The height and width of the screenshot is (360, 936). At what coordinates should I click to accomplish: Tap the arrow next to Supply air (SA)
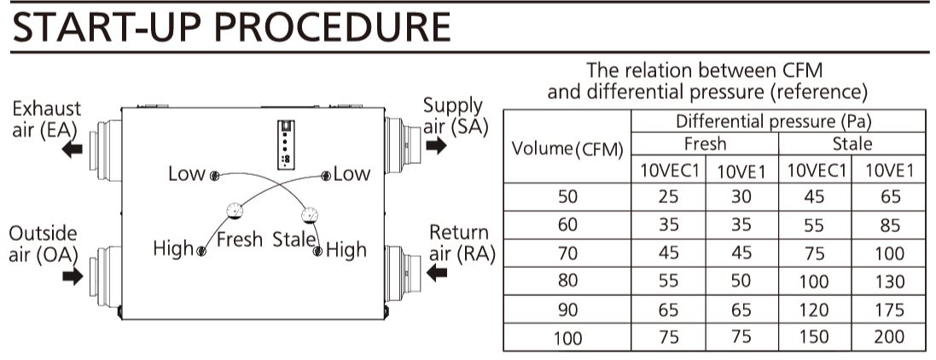coord(435,146)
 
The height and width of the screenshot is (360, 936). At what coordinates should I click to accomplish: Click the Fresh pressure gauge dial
coord(231,210)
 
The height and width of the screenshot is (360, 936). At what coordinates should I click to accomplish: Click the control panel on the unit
coord(285,140)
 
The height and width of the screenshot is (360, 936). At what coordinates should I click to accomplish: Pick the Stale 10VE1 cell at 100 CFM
coord(888,337)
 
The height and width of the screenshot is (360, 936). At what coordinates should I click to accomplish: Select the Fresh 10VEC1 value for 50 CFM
coord(669,197)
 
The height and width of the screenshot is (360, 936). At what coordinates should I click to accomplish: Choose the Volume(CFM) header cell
coord(567,149)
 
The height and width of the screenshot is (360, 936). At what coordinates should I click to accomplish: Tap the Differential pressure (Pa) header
coord(778,121)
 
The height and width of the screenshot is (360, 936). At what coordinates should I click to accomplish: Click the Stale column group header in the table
coord(852,143)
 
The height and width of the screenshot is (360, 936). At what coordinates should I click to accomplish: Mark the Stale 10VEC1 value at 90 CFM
coord(816,310)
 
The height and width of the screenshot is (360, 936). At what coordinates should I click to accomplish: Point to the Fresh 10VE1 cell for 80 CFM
coord(741,282)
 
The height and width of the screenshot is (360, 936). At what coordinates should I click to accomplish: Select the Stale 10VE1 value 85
coord(888,226)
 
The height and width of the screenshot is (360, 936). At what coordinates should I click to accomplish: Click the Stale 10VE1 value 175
coord(888,310)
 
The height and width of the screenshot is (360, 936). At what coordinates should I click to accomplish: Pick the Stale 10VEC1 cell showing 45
coord(816,197)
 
